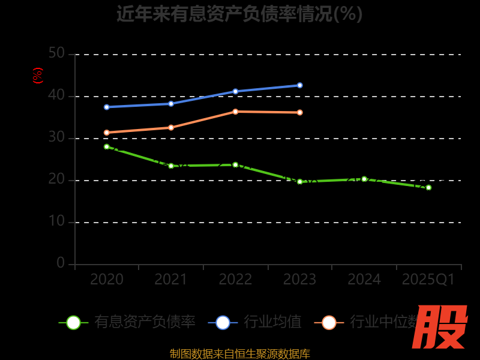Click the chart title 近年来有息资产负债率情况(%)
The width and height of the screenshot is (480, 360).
click(239, 14)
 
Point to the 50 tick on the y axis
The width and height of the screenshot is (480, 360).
click(56, 53)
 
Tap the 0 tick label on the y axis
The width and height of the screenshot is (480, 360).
click(61, 263)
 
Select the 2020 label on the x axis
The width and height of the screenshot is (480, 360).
click(107, 280)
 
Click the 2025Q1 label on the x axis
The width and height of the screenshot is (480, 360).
click(428, 280)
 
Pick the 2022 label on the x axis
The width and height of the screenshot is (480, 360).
click(235, 280)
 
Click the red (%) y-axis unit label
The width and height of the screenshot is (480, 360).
click(38, 76)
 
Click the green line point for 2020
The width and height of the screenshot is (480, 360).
click(107, 146)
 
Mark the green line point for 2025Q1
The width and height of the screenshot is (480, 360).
click(428, 187)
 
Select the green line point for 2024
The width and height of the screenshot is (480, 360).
click(364, 179)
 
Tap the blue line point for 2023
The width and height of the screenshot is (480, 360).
click(300, 85)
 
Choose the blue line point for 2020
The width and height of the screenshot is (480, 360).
click(107, 107)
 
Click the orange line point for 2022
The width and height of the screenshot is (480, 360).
click(235, 112)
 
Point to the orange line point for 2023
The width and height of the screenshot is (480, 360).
click(300, 112)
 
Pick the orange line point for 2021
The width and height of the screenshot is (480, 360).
click(171, 127)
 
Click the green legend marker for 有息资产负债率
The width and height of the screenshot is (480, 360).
click(73, 322)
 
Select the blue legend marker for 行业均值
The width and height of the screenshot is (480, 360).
click(223, 322)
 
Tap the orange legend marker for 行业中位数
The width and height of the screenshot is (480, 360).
click(329, 322)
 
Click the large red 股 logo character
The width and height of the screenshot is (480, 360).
click(441, 327)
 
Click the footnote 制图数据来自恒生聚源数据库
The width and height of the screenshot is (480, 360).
click(239, 353)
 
